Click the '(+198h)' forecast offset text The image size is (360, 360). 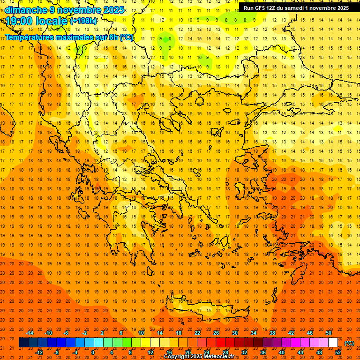pos(83,21)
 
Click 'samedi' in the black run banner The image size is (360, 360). pos(298,8)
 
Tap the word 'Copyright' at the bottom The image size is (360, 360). pos(177,357)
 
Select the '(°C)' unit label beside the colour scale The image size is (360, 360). pos(349,343)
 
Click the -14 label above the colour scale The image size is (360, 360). pos(30,333)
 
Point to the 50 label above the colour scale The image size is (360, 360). pos(329,333)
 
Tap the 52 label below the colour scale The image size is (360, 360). pos(338,352)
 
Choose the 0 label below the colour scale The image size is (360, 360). pos(93,352)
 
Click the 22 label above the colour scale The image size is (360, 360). pos(197,333)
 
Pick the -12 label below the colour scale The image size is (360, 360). pos(39,352)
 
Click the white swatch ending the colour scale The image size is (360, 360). pos(333,343)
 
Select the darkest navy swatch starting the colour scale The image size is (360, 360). pos(23,343)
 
